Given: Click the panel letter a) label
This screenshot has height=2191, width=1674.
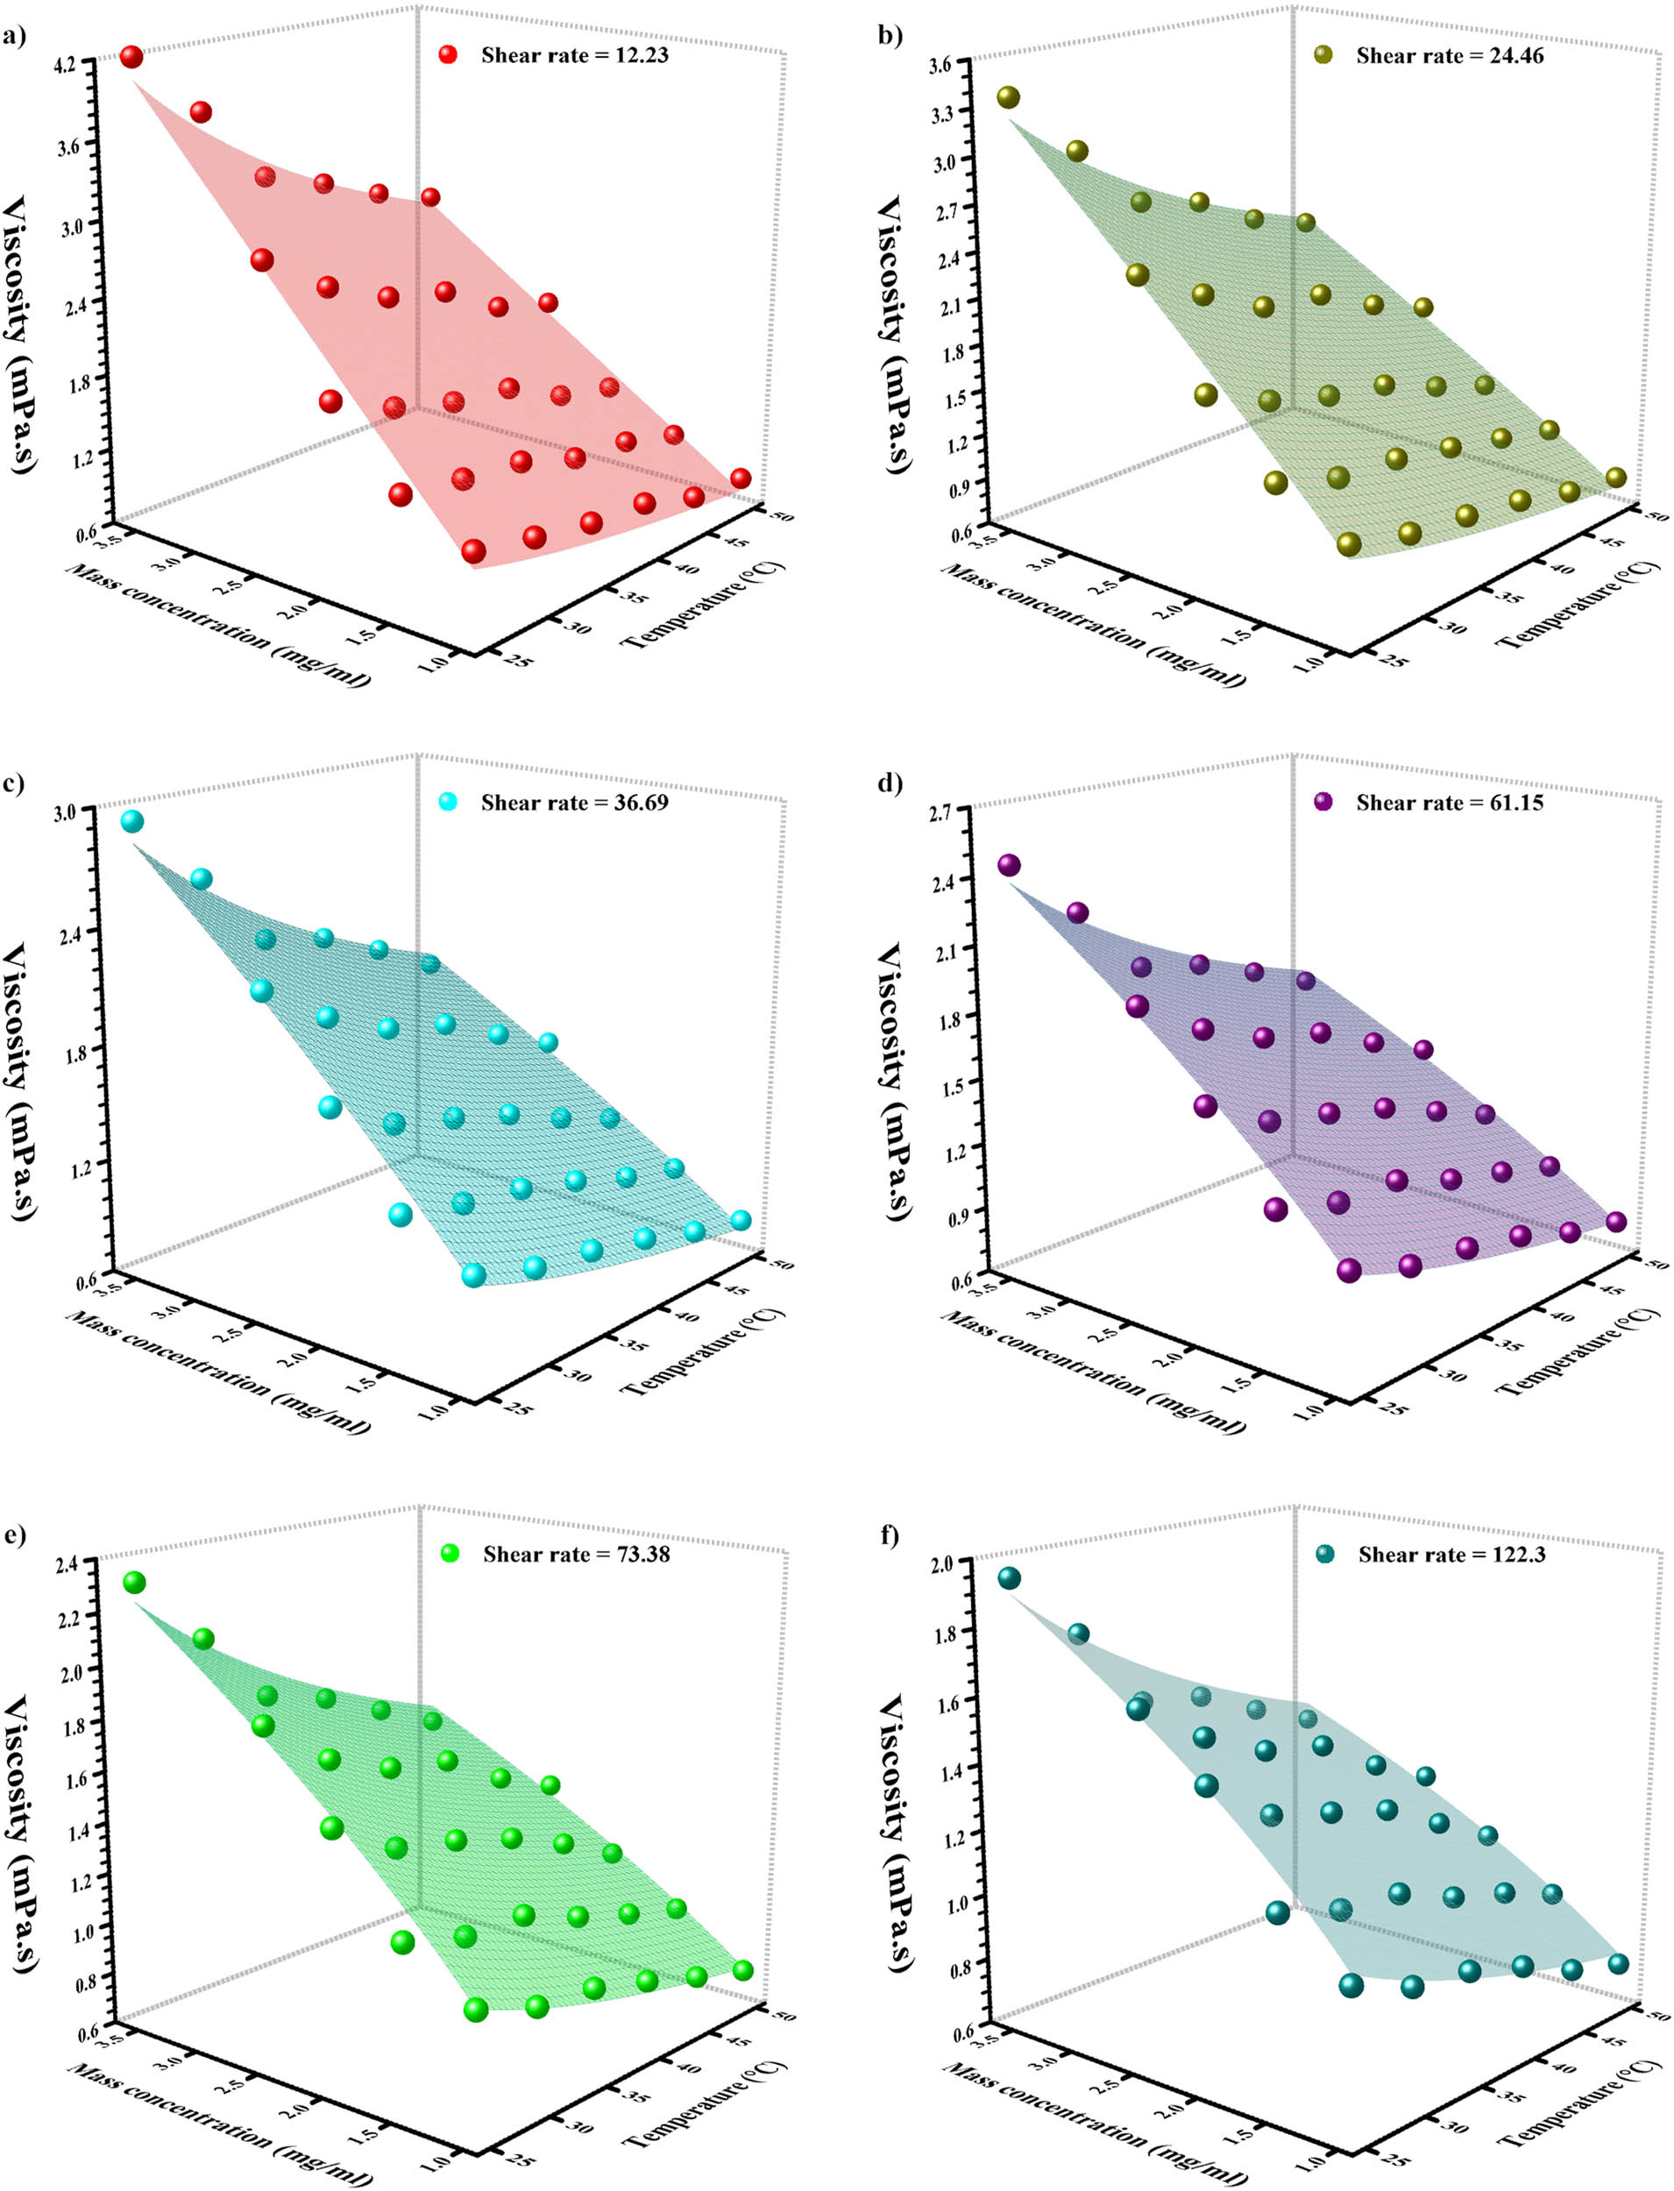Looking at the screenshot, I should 14,38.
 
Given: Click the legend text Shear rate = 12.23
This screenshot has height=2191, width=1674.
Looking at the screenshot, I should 574,56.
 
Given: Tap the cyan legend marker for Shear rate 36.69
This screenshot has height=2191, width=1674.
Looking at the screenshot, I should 449,802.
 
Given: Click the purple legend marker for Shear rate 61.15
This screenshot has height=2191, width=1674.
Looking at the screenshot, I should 1323,802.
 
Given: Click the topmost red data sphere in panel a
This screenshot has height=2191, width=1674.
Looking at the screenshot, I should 131,57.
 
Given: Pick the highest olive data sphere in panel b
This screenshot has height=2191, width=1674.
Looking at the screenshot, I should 1009,96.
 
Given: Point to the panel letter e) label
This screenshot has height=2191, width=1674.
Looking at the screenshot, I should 14,1535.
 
